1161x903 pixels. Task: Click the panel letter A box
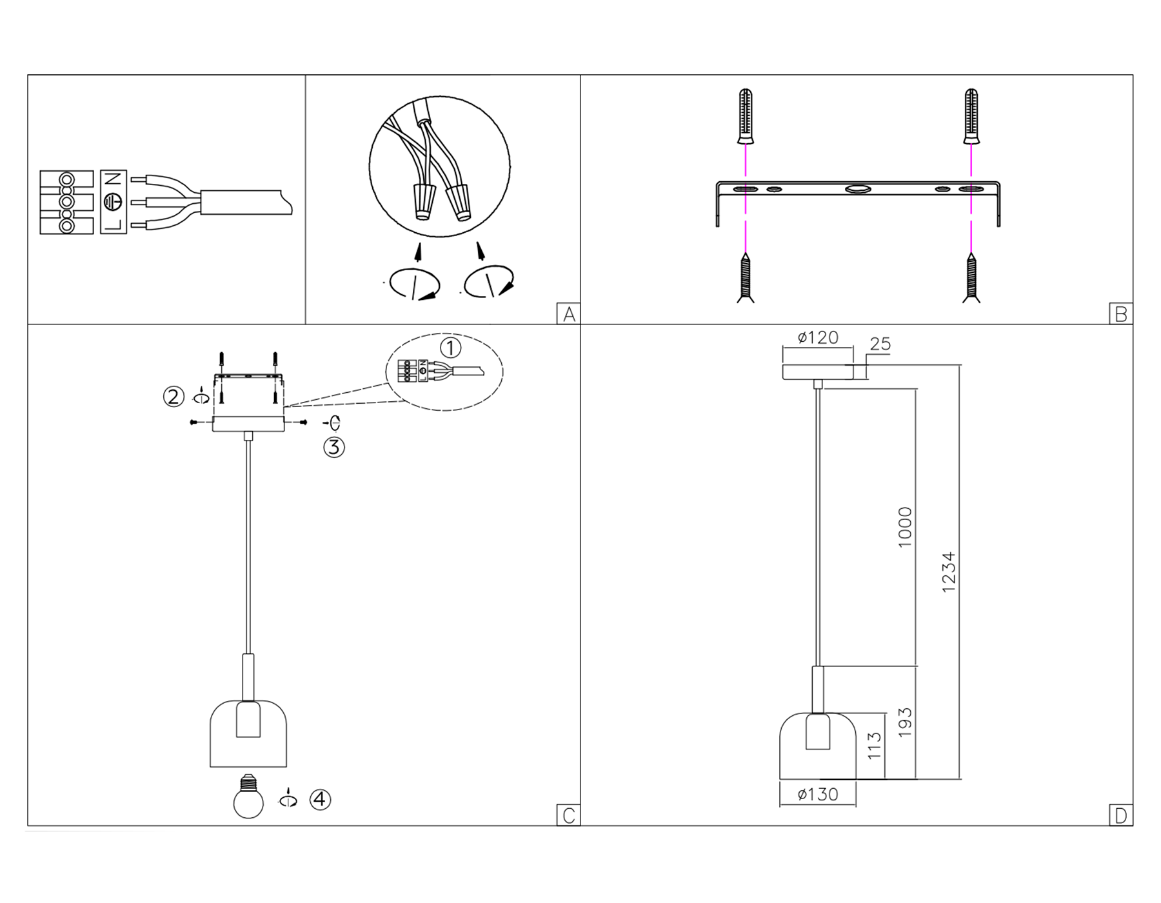pyautogui.click(x=568, y=313)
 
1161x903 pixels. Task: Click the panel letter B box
pyautogui.click(x=1121, y=313)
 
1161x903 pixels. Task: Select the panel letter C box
pyautogui.click(x=568, y=815)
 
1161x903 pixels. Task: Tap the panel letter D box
pyautogui.click(x=1121, y=815)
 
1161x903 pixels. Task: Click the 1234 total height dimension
pyautogui.click(x=948, y=572)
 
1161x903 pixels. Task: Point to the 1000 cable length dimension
pyautogui.click(x=905, y=528)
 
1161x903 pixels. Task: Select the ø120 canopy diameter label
pyautogui.click(x=817, y=337)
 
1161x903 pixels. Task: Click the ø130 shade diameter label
pyautogui.click(x=817, y=794)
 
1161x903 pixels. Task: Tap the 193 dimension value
pyautogui.click(x=905, y=722)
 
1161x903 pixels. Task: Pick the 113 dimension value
pyautogui.click(x=874, y=746)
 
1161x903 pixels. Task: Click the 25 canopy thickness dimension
pyautogui.click(x=880, y=344)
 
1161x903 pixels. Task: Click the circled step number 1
pyautogui.click(x=450, y=348)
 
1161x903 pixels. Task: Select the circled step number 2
pyautogui.click(x=174, y=396)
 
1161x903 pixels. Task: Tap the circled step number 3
pyautogui.click(x=334, y=446)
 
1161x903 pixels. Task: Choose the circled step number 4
pyautogui.click(x=321, y=800)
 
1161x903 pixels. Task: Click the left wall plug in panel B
pyautogui.click(x=746, y=116)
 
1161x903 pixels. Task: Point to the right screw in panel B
pyautogui.click(x=971, y=278)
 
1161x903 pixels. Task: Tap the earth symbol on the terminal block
pyautogui.click(x=114, y=202)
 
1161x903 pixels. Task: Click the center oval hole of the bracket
pyautogui.click(x=858, y=189)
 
